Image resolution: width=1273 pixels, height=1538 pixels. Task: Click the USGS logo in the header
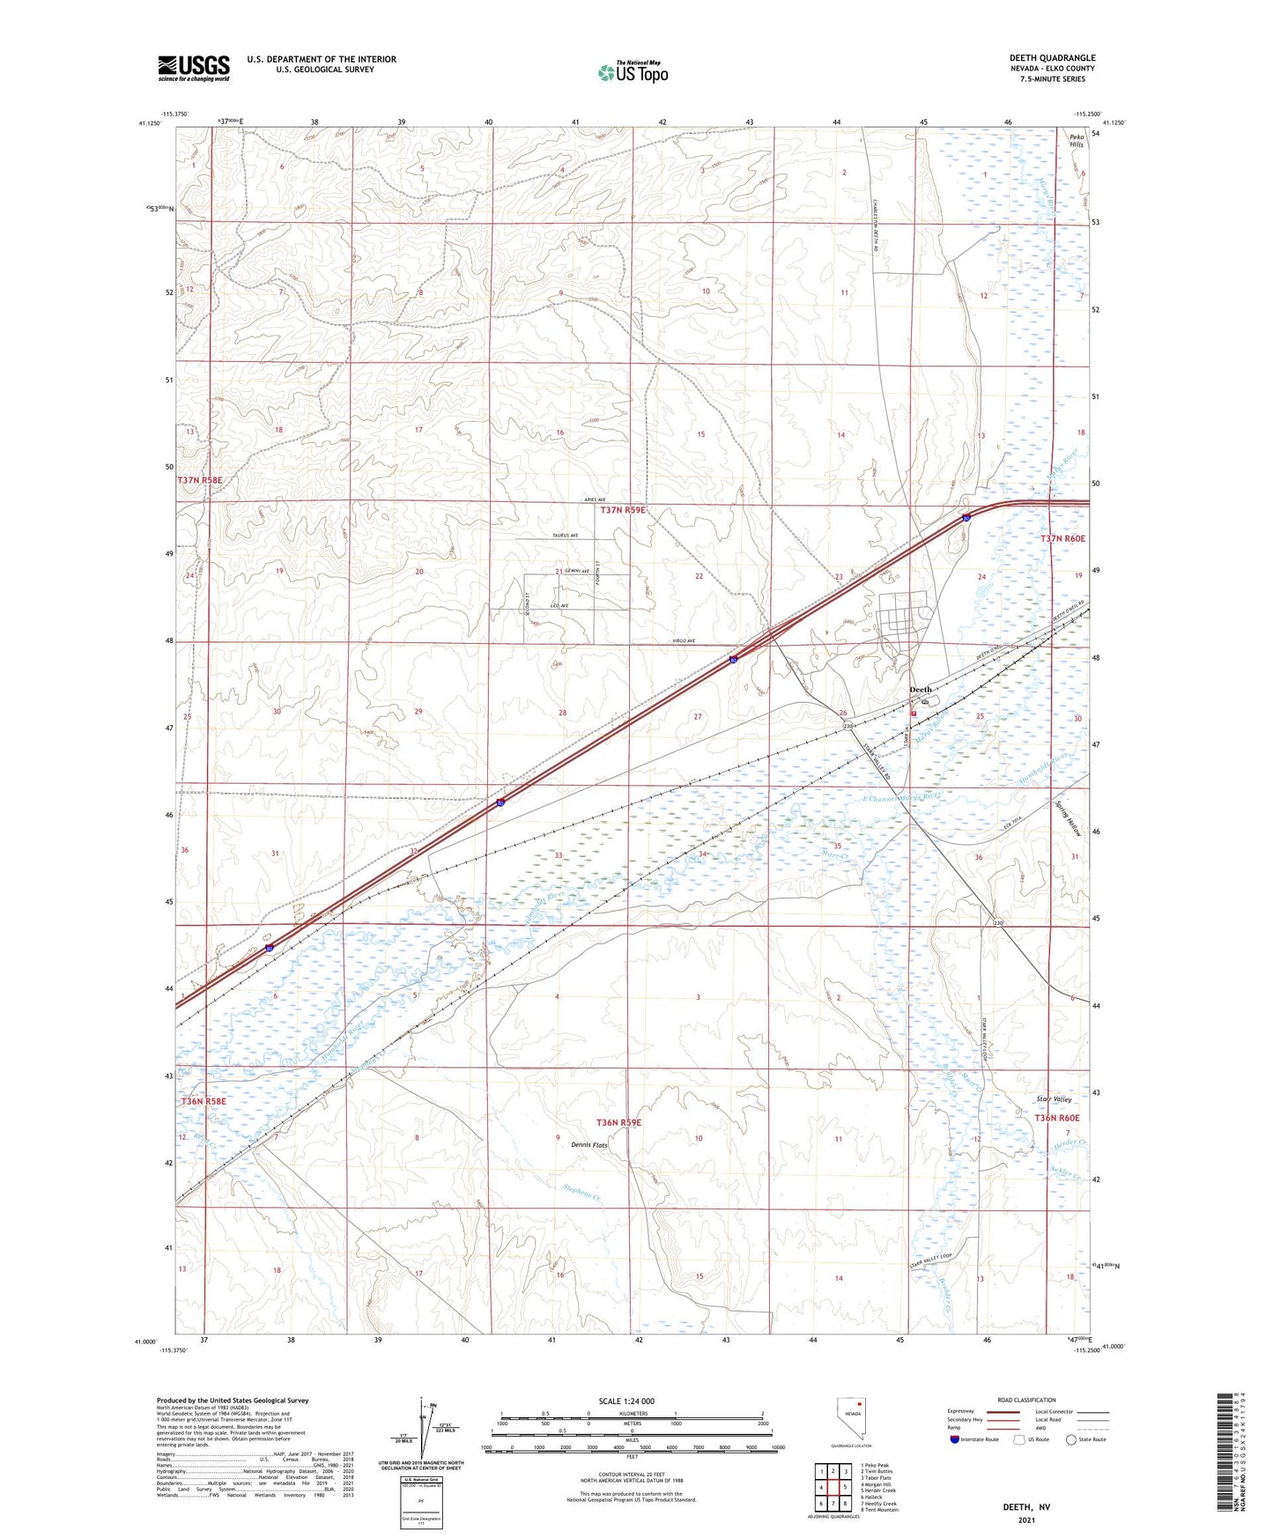tap(193, 67)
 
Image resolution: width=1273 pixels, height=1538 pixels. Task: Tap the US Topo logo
tap(632, 72)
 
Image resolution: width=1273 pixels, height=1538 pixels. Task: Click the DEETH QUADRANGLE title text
tap(1052, 58)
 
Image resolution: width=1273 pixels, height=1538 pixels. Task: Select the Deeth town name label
tap(920, 690)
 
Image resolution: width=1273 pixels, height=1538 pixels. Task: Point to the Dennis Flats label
tap(588, 1145)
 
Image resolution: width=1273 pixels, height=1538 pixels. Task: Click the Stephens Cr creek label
tap(581, 1194)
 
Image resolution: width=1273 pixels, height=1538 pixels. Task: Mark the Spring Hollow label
tap(1068, 817)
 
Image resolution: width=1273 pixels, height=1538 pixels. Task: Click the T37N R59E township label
tap(623, 510)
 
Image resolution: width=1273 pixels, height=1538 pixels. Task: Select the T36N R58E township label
tap(204, 1101)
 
